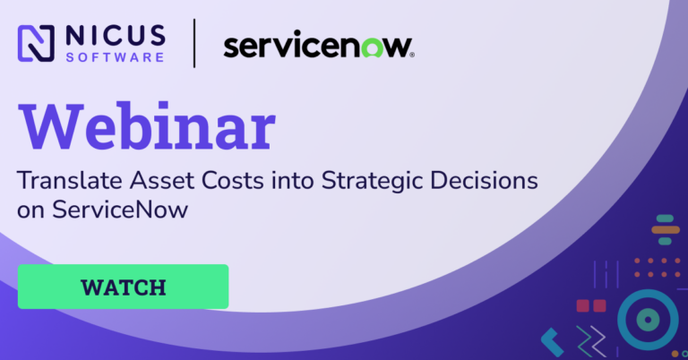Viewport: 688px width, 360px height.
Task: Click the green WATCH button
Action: (123, 287)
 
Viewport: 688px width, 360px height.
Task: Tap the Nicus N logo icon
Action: (36, 43)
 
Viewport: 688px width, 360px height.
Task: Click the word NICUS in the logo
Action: (116, 35)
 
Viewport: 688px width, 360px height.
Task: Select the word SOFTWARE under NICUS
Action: (115, 57)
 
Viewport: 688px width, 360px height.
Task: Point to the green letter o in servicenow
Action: (373, 47)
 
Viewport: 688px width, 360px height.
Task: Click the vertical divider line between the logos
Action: (194, 43)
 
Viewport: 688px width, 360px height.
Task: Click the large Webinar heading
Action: (147, 127)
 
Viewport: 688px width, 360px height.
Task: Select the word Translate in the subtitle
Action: (69, 180)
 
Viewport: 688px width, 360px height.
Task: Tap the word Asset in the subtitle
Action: (161, 180)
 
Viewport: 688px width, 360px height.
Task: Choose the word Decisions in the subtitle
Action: (484, 180)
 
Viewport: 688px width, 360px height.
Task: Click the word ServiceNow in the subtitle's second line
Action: (120, 210)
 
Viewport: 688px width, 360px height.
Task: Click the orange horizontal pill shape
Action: (666, 230)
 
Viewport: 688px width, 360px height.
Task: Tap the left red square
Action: (582, 305)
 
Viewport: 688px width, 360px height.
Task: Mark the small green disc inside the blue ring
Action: (648, 320)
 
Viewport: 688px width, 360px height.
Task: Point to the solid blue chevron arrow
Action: (552, 342)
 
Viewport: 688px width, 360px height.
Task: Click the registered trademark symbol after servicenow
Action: (411, 56)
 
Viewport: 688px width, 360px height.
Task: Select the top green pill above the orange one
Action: (665, 219)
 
